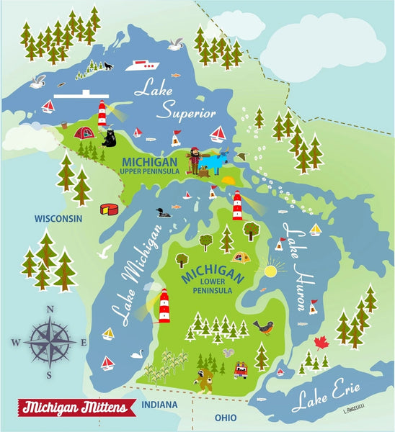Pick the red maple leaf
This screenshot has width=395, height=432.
[x=321, y=342]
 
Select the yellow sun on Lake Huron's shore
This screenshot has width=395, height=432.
[x=270, y=271]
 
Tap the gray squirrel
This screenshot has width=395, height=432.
[x=228, y=355]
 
